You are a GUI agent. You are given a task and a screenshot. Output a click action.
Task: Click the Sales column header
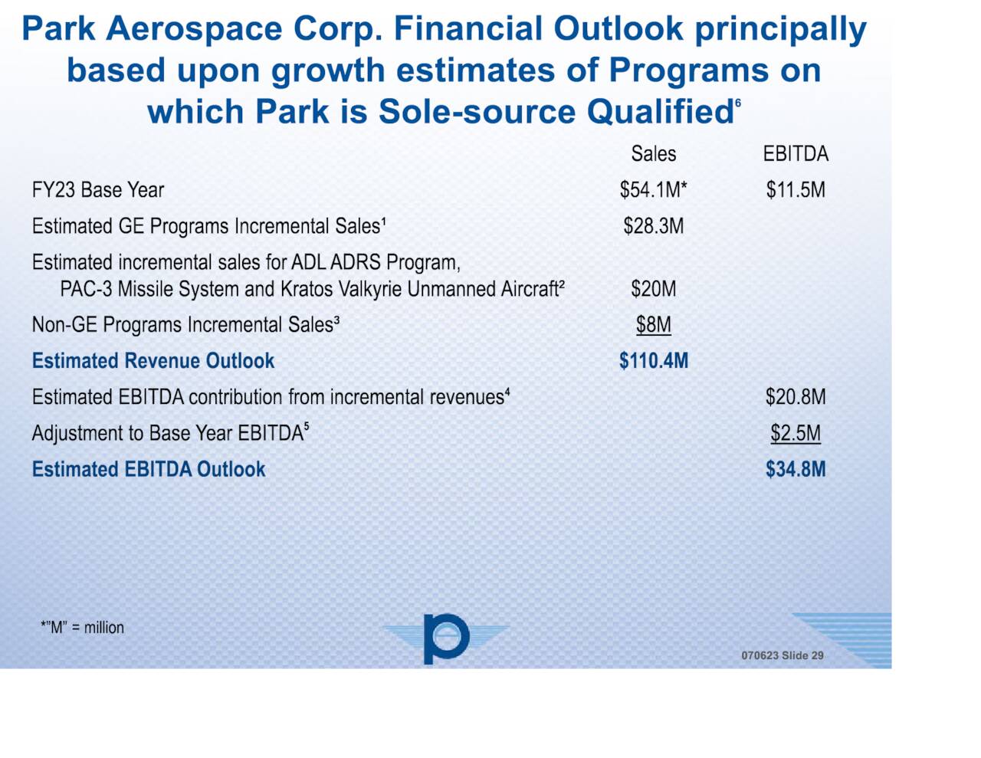tap(653, 154)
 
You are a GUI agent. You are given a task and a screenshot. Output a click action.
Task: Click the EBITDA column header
tap(796, 154)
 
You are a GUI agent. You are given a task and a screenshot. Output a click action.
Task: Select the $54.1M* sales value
tap(653, 190)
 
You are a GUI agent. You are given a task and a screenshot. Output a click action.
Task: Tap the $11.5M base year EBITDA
tap(796, 190)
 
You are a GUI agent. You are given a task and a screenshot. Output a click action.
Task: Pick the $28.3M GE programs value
tap(653, 226)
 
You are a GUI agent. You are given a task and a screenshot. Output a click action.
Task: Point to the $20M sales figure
tap(653, 289)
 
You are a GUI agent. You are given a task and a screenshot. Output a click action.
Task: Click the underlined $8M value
tap(653, 325)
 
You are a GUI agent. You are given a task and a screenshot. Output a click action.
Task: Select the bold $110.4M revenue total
tap(653, 361)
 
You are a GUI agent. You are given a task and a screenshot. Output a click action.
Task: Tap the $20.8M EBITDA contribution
tap(796, 397)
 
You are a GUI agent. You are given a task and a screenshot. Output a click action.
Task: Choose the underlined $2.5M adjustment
tap(796, 433)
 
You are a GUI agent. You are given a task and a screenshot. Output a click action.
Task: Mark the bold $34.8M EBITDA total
tap(796, 469)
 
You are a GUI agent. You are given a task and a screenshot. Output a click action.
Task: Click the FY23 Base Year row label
tap(98, 190)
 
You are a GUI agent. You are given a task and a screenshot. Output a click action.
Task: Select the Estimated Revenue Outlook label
tap(153, 361)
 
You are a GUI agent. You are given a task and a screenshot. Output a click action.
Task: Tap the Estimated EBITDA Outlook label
tap(149, 469)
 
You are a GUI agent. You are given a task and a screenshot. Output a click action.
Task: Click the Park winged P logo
tap(445, 638)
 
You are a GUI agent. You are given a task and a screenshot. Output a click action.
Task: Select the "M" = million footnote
tap(82, 628)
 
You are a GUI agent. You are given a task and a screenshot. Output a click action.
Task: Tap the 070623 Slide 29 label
tap(782, 655)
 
